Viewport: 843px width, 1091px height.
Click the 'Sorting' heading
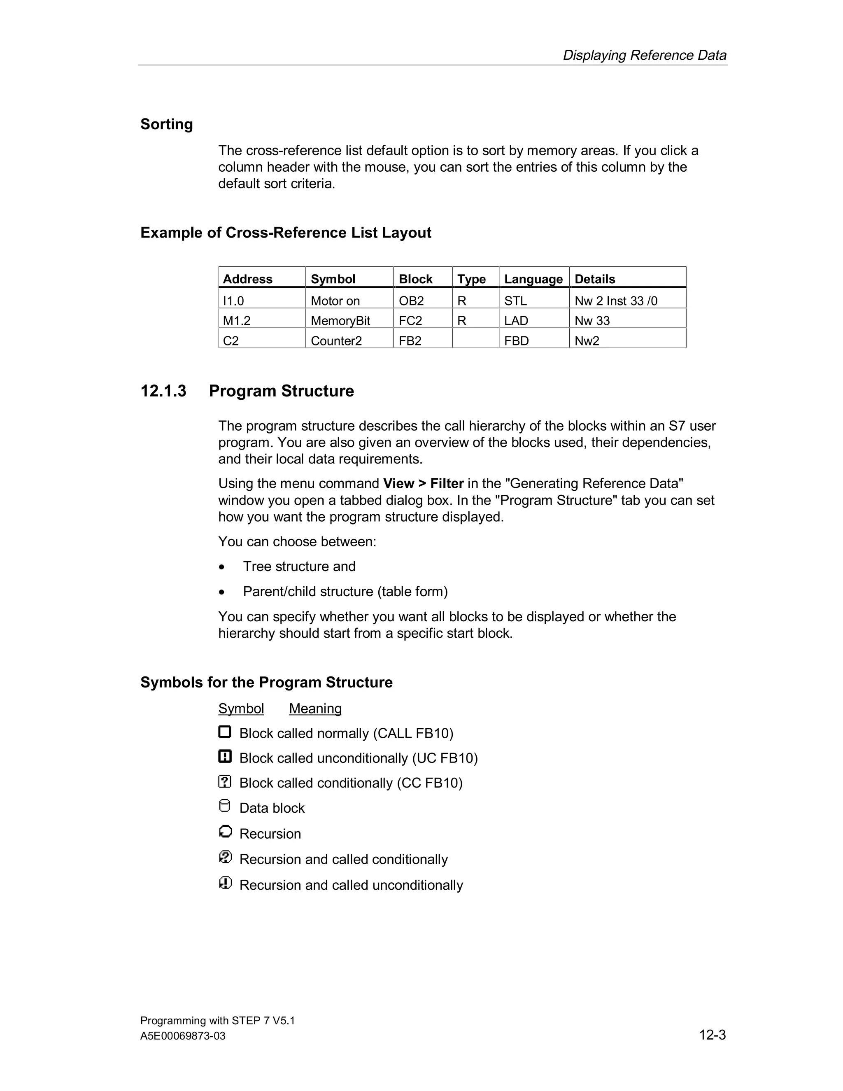(166, 124)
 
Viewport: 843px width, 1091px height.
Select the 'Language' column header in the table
(533, 279)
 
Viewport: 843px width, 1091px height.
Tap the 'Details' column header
(594, 279)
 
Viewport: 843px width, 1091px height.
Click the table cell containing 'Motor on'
(335, 301)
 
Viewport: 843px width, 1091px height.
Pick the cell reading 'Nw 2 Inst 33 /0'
(616, 301)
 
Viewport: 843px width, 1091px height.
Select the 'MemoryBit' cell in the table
(340, 321)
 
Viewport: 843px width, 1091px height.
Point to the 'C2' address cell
(231, 341)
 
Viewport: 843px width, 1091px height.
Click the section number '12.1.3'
(163, 391)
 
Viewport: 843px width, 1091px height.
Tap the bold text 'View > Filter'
(424, 484)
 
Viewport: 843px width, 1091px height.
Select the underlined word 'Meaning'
(315, 709)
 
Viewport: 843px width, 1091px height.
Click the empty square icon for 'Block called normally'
(225, 732)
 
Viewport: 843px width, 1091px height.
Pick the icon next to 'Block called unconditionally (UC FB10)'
(225, 757)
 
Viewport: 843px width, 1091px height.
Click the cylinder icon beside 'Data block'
(225, 806)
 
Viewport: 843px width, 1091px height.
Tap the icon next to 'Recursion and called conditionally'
(225, 857)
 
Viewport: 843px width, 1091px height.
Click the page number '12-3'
(712, 1035)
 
